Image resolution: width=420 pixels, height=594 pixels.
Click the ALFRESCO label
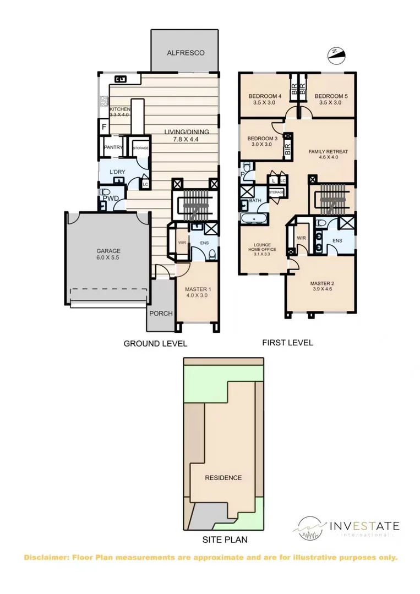click(186, 53)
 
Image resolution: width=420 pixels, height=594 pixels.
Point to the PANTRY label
click(113, 147)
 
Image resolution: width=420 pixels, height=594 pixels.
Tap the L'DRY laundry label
click(118, 172)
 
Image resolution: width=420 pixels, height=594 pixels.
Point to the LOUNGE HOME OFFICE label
click(261, 248)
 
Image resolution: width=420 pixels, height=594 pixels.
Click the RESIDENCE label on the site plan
click(223, 478)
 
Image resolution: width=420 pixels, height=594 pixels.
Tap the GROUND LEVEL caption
click(155, 344)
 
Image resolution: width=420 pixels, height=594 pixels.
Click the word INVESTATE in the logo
click(364, 525)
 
